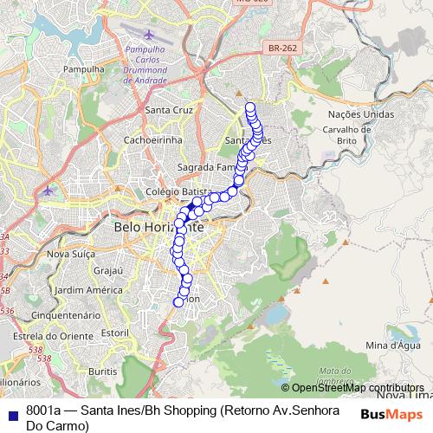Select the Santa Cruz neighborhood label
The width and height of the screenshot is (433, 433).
click(x=168, y=110)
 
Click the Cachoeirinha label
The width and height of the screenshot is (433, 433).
click(x=152, y=139)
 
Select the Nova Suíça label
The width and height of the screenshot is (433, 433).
click(x=69, y=254)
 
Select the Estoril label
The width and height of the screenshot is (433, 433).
click(x=114, y=333)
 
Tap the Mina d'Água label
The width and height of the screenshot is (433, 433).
click(x=388, y=346)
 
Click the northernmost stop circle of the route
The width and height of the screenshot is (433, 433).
click(x=250, y=107)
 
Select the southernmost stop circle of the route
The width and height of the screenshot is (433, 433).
click(x=179, y=301)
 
